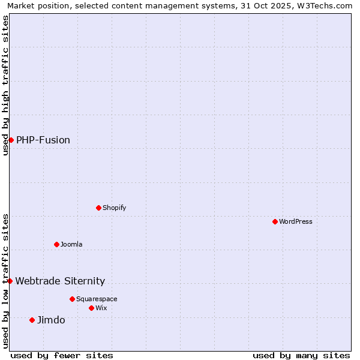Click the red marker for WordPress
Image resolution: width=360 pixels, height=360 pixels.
click(275, 221)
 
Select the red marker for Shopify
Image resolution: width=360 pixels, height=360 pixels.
click(99, 208)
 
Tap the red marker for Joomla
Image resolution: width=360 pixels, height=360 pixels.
click(57, 244)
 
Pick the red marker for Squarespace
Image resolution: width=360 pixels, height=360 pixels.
click(73, 299)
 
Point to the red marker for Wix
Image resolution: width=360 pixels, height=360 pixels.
click(92, 308)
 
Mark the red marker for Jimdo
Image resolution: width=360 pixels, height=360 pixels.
click(32, 320)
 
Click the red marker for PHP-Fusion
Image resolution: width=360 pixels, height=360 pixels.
click(11, 140)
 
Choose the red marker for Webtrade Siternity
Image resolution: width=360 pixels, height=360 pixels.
click(10, 281)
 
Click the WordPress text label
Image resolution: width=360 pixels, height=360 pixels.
click(296, 221)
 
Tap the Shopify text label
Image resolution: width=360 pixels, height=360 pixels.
click(115, 208)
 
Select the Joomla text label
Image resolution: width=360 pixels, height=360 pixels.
click(71, 244)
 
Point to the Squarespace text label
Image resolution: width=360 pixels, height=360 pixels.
click(97, 299)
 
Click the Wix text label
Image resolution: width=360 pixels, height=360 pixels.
click(101, 308)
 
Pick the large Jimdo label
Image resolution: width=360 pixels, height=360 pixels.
click(51, 320)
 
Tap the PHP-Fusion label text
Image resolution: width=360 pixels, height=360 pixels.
click(43, 140)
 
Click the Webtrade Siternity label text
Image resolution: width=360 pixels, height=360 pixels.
click(60, 281)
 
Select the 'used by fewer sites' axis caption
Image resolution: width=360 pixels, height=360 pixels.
click(62, 355)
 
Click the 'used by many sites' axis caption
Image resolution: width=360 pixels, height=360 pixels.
click(301, 355)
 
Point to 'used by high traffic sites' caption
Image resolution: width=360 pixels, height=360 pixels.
click(5, 85)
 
